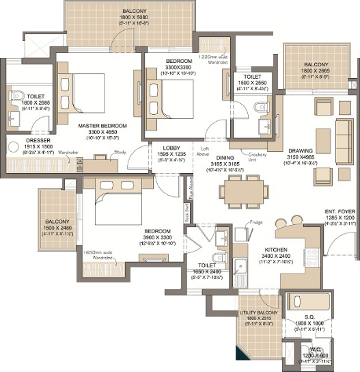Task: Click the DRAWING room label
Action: pyautogui.click(x=301, y=151)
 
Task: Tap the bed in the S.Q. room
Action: pyautogui.click(x=307, y=302)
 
